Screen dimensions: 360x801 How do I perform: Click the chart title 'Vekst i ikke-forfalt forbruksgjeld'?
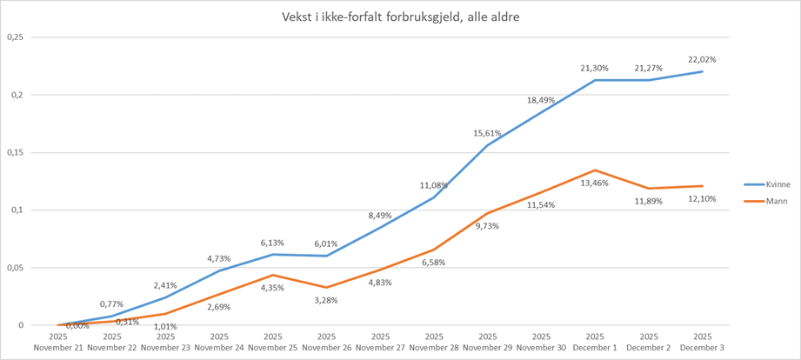pyautogui.click(x=401, y=17)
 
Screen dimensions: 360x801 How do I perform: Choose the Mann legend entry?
pyautogui.click(x=762, y=202)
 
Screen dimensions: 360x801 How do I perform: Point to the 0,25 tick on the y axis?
pyautogui.click(x=15, y=37)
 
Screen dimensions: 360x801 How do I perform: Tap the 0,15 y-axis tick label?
pyautogui.click(x=15, y=152)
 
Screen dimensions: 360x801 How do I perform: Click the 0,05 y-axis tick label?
pyautogui.click(x=15, y=268)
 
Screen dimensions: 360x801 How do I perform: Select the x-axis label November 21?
pyautogui.click(x=58, y=342)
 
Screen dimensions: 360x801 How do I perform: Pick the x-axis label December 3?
pyautogui.click(x=702, y=342)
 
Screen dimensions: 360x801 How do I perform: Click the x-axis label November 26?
pyautogui.click(x=326, y=342)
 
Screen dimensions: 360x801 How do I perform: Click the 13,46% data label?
pyautogui.click(x=595, y=183)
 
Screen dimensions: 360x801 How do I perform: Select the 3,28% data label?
pyautogui.click(x=326, y=301)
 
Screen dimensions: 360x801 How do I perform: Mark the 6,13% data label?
pyautogui.click(x=273, y=242)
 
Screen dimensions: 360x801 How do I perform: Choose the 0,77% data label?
pyautogui.click(x=112, y=303)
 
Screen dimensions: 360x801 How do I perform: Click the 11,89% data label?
pyautogui.click(x=648, y=202)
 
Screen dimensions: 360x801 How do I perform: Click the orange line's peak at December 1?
pyautogui.click(x=595, y=170)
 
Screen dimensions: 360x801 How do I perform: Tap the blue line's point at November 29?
pyautogui.click(x=488, y=145)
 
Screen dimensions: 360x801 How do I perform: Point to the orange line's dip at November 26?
pyautogui.click(x=326, y=287)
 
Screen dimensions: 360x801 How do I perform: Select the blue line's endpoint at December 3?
pyautogui.click(x=702, y=71)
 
